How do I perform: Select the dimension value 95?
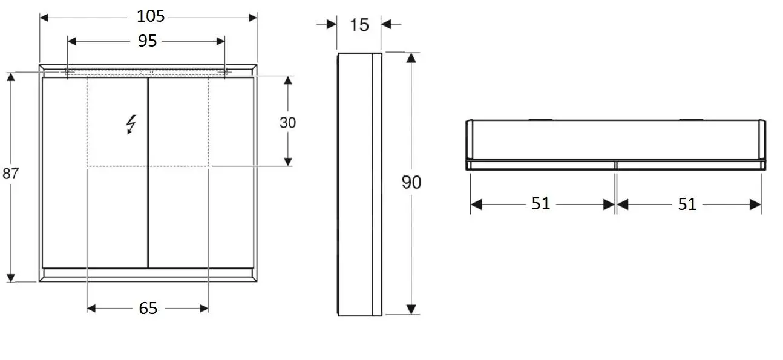coord(146,41)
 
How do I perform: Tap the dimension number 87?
coord(10,174)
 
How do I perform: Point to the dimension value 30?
coord(288,123)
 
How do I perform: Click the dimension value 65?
coord(148,309)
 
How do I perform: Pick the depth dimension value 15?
coord(359,25)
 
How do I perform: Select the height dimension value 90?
coord(411,182)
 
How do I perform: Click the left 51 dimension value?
coord(541,205)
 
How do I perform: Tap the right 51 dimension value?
coord(687,205)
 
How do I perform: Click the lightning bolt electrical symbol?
coord(131,124)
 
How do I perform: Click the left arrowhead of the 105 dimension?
coord(44,17)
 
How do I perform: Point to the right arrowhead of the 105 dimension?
coord(253,17)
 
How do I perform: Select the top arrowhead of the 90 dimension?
coord(411,57)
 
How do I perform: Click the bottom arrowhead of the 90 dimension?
coord(411,309)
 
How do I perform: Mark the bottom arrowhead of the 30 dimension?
coord(288,162)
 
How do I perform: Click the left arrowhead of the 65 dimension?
coord(91,309)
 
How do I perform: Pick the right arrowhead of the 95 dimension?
coord(221,41)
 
